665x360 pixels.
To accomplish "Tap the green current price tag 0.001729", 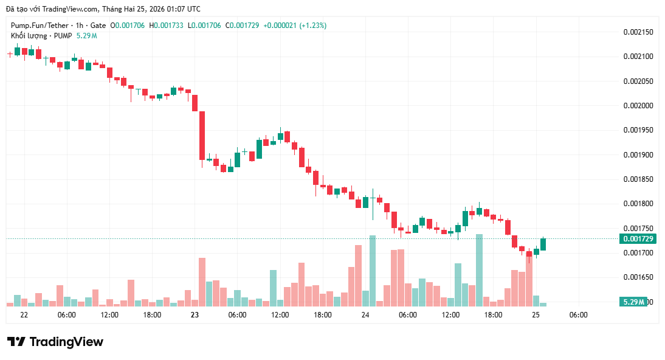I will click(x=636, y=238).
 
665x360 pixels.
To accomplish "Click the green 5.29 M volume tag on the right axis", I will click(x=633, y=302).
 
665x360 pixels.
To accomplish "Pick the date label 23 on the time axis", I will click(x=195, y=315).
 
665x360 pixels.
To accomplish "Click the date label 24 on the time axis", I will click(x=365, y=315).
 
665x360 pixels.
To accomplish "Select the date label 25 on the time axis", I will click(x=536, y=315).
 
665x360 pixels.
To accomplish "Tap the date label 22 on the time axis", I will click(x=24, y=315).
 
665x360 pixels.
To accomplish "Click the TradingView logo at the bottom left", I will click(x=55, y=342).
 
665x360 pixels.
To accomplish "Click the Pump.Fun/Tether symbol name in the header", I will click(x=39, y=26).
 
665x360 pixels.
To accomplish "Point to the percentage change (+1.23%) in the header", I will click(x=312, y=26).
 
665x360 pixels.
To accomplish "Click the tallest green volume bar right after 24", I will click(x=373, y=271).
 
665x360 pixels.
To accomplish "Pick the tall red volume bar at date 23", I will click(x=202, y=282).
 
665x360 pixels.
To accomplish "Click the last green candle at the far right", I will click(x=543, y=244).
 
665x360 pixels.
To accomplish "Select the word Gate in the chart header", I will click(x=97, y=26).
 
